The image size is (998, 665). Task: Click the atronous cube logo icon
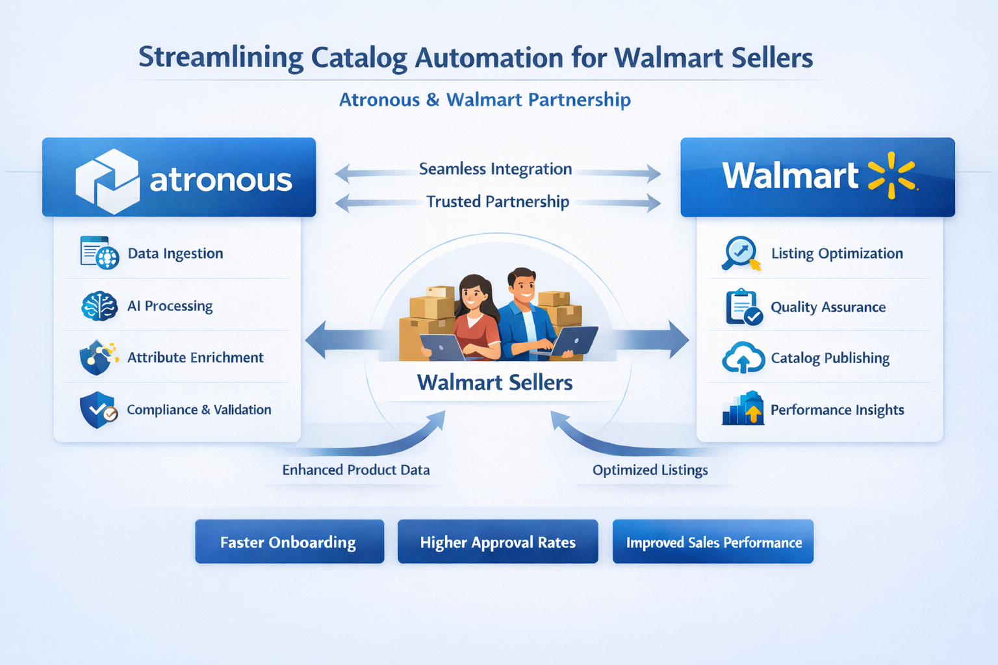(x=107, y=181)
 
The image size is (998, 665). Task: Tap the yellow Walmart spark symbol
(x=891, y=175)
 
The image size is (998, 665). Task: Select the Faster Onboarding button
(x=289, y=542)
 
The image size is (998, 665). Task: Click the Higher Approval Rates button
(x=498, y=542)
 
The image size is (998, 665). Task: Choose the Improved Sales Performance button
(x=713, y=542)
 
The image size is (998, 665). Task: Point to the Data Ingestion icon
(x=99, y=253)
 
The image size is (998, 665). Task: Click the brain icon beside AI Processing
(x=99, y=306)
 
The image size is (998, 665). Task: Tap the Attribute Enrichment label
(x=195, y=357)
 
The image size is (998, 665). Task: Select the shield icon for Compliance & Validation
(x=98, y=410)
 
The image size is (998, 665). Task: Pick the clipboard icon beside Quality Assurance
(x=743, y=307)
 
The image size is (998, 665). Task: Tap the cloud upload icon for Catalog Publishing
(x=743, y=358)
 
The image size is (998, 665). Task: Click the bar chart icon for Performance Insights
(x=743, y=409)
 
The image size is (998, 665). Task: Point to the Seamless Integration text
(x=495, y=169)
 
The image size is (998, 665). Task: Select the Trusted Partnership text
(x=498, y=201)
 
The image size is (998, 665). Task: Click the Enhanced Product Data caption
(x=356, y=470)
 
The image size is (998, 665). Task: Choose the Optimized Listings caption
(x=650, y=470)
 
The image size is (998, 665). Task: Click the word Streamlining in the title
(x=221, y=57)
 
